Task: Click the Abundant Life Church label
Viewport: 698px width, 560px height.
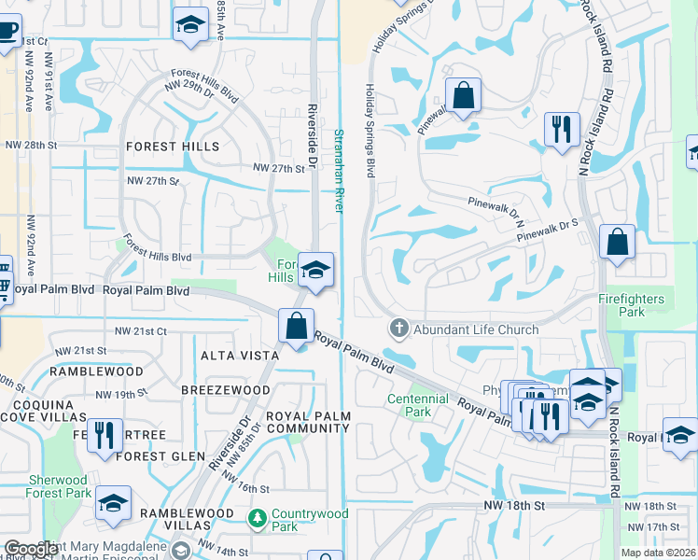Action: (x=476, y=329)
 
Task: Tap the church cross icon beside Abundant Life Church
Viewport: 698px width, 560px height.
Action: (x=398, y=329)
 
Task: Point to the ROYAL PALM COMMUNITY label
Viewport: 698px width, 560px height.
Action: (x=308, y=422)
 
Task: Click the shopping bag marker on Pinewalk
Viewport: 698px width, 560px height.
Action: (x=462, y=96)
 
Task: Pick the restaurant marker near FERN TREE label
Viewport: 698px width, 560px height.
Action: (x=105, y=435)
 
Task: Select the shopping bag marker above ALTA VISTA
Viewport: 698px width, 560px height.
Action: (x=297, y=328)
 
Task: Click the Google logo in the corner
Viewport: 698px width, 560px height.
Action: (x=31, y=549)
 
